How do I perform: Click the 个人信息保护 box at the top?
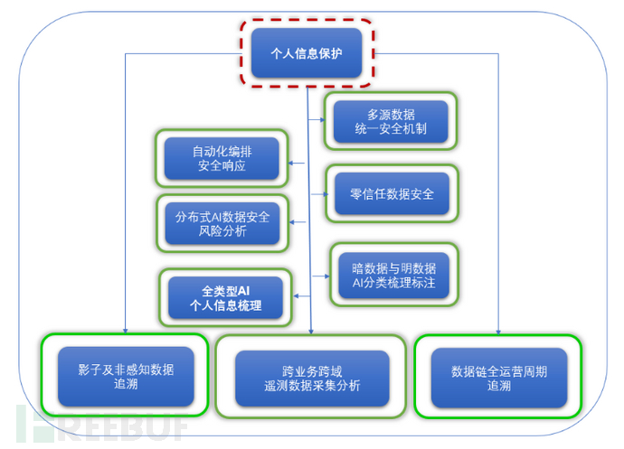pyautogui.click(x=307, y=52)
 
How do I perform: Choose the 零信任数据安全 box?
pyautogui.click(x=391, y=194)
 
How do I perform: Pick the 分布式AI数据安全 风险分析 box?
pyautogui.click(x=222, y=223)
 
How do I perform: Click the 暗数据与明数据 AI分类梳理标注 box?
pyautogui.click(x=393, y=275)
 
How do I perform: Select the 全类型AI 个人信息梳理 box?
pyautogui.click(x=225, y=298)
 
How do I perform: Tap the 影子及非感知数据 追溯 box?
pyautogui.click(x=126, y=377)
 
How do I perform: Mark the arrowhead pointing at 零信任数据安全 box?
pyautogui.click(x=323, y=194)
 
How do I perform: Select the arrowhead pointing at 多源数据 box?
pyautogui.click(x=323, y=120)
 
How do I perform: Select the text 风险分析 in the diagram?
pyautogui.click(x=222, y=232)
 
